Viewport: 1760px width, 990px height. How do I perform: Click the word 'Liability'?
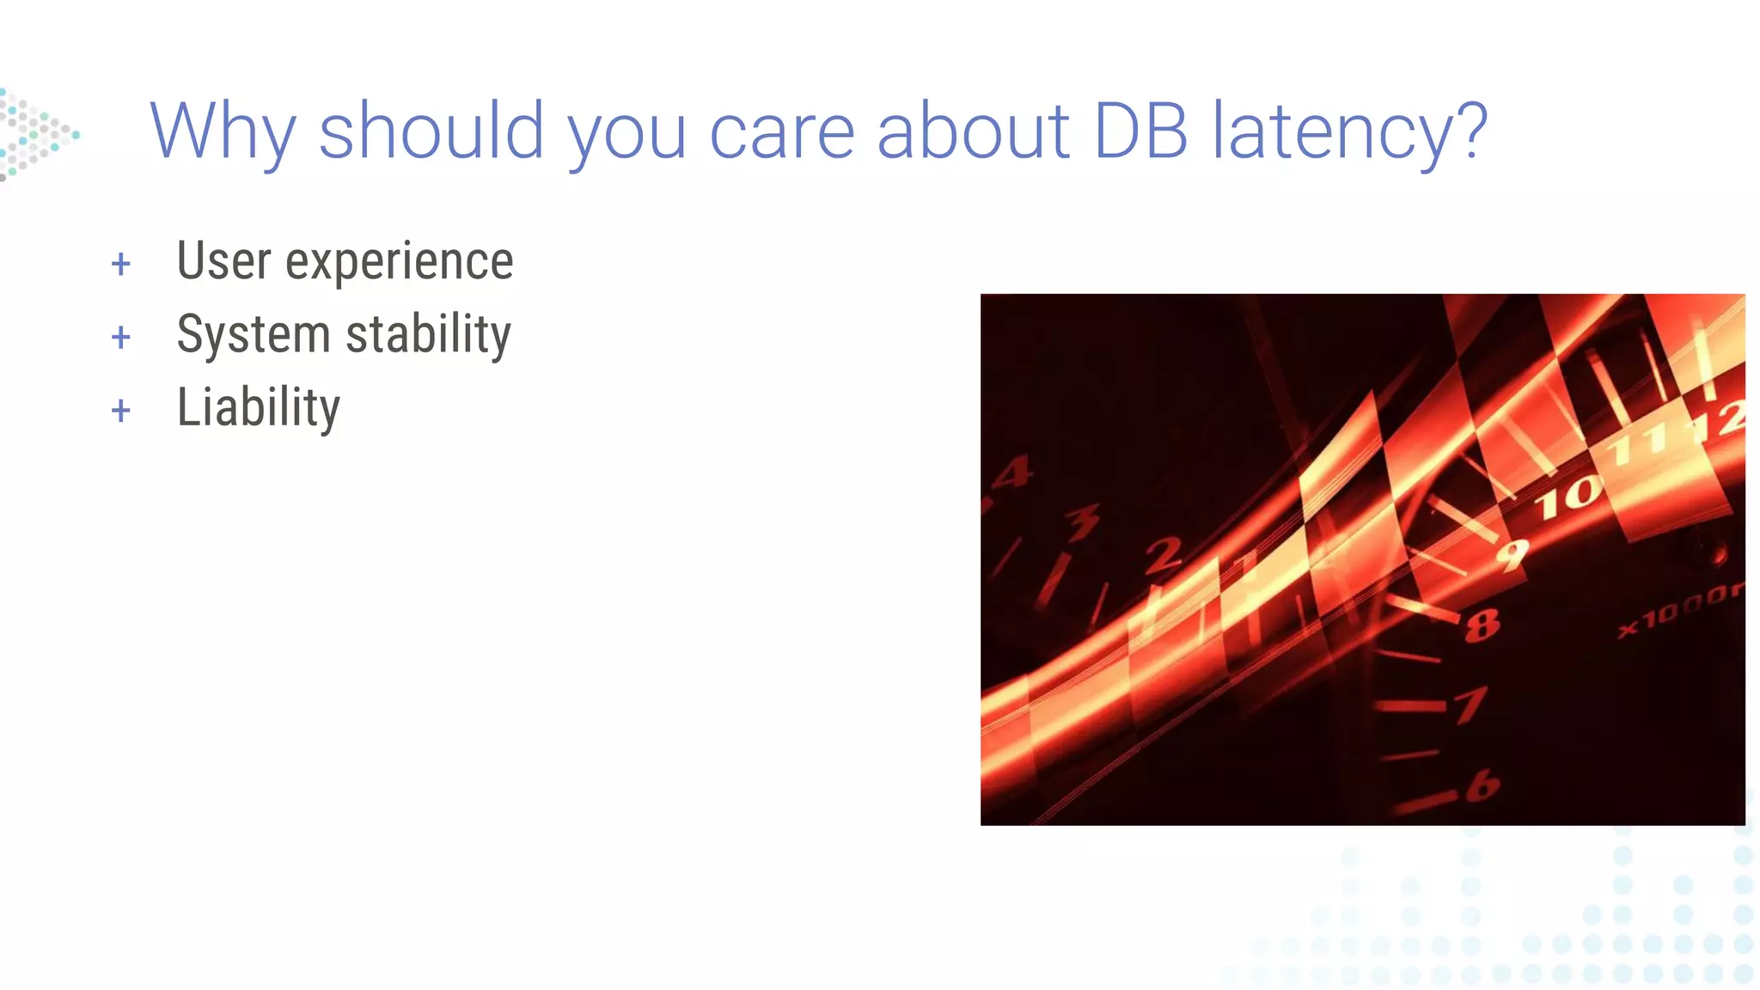258,407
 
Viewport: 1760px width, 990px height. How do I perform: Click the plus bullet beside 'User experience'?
121,264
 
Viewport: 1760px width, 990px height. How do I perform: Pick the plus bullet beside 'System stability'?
121,337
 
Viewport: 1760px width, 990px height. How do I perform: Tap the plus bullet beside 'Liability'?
121,411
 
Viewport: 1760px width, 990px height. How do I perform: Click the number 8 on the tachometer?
1482,626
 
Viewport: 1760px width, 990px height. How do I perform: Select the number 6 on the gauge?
1482,785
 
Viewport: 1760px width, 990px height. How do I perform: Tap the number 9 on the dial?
1512,554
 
